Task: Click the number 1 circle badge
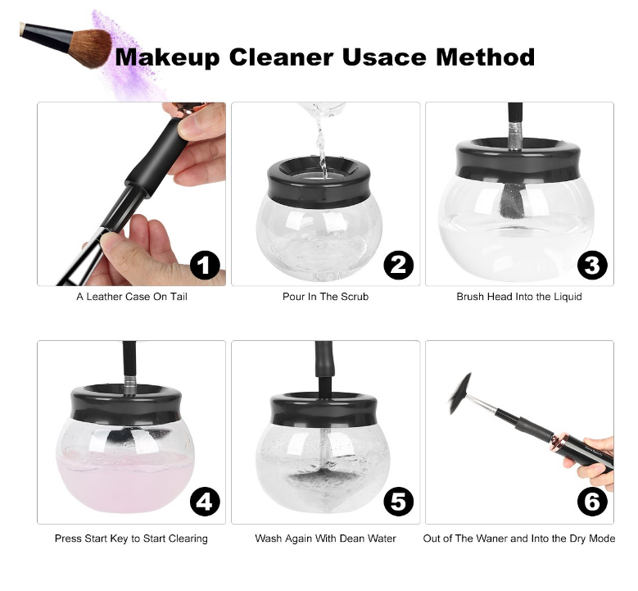click(x=205, y=265)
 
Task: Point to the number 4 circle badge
click(x=205, y=501)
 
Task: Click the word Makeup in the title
click(x=168, y=57)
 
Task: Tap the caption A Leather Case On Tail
click(x=132, y=296)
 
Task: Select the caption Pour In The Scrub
click(x=325, y=296)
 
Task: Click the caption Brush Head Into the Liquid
click(x=519, y=296)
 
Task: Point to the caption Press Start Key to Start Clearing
click(x=131, y=539)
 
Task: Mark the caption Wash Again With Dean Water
click(x=325, y=539)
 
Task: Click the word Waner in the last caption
click(x=493, y=539)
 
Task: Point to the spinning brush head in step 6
click(x=459, y=393)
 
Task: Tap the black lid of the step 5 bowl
click(x=325, y=408)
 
